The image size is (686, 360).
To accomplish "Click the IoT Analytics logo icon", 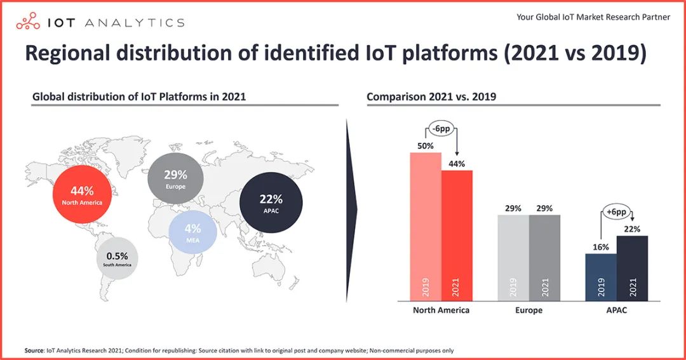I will (29, 23).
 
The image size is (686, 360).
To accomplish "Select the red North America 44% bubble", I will (82, 194).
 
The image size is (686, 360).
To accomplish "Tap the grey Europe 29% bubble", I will (175, 178).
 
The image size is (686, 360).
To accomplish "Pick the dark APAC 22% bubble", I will (271, 203).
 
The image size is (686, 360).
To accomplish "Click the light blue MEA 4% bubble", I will (193, 232).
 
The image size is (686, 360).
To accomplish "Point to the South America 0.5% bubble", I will (118, 259).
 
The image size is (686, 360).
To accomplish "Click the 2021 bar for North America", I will (457, 236).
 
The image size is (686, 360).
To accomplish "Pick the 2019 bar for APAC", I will (601, 277).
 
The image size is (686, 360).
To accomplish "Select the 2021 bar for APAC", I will (633, 268).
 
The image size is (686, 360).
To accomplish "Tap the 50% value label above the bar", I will (426, 146).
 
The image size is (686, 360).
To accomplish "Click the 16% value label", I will (601, 247).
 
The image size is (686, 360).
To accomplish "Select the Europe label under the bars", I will (528, 310).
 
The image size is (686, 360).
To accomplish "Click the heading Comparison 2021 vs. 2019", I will (431, 97).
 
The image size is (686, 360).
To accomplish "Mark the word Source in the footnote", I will (34, 350).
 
